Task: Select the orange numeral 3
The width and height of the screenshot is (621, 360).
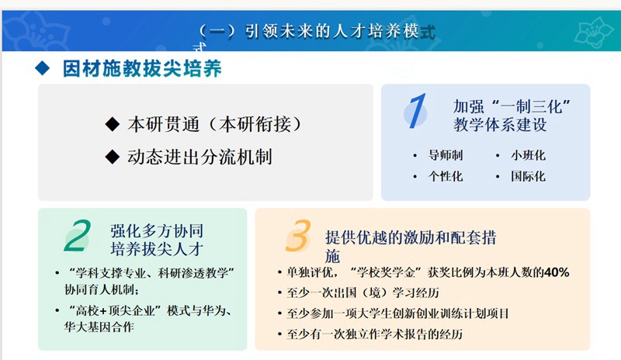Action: [298, 236]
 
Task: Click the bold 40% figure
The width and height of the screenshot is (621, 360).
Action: [557, 272]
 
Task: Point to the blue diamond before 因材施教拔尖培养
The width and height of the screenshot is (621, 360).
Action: [43, 68]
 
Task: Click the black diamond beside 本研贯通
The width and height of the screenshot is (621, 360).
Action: [113, 124]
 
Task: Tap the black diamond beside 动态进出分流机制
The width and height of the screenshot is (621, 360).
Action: [113, 157]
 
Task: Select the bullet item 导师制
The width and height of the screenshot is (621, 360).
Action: [446, 155]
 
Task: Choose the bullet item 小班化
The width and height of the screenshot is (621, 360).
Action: [528, 155]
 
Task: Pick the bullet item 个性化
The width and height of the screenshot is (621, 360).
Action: [446, 176]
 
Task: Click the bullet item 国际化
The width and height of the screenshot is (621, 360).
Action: [528, 176]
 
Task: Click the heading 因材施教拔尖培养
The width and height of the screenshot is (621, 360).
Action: [142, 68]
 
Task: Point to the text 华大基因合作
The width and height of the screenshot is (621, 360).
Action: [99, 327]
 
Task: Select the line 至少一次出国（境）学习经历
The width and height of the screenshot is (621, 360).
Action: [363, 292]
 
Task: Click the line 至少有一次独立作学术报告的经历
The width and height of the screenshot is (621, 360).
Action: [375, 334]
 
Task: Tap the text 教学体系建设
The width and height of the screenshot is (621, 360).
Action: [500, 125]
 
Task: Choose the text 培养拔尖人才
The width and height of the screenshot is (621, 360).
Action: [157, 249]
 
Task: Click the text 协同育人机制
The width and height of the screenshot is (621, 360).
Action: [102, 290]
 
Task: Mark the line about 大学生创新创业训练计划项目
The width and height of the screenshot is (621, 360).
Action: [398, 313]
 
